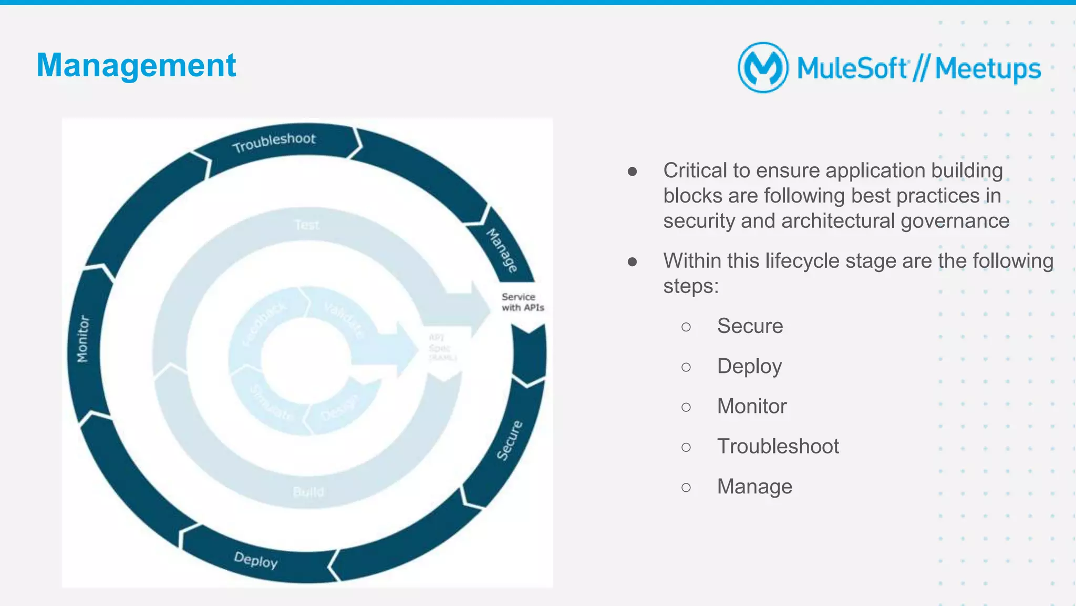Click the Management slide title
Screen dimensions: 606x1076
(x=136, y=66)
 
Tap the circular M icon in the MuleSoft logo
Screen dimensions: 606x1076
(x=762, y=68)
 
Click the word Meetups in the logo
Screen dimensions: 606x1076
(x=988, y=69)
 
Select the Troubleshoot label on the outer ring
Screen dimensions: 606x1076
(x=274, y=142)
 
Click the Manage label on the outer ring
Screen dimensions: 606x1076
(x=502, y=250)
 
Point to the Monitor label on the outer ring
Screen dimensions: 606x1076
(x=83, y=339)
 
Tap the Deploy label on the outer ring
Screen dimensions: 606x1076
(x=256, y=560)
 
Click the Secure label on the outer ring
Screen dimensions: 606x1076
(x=510, y=440)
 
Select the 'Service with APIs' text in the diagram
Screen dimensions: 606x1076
(x=522, y=302)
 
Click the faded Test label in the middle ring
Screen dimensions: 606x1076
(x=306, y=225)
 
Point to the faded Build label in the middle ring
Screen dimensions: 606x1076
(x=308, y=492)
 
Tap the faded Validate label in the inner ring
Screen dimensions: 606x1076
(x=344, y=319)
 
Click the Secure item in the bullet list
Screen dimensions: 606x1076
(x=750, y=326)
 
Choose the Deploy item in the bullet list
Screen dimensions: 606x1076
(x=749, y=366)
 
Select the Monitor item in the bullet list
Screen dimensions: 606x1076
(x=752, y=406)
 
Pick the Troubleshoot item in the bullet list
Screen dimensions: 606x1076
(x=778, y=446)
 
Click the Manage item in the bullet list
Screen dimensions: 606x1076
(x=754, y=487)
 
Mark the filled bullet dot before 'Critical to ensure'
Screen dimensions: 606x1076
(x=633, y=171)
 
